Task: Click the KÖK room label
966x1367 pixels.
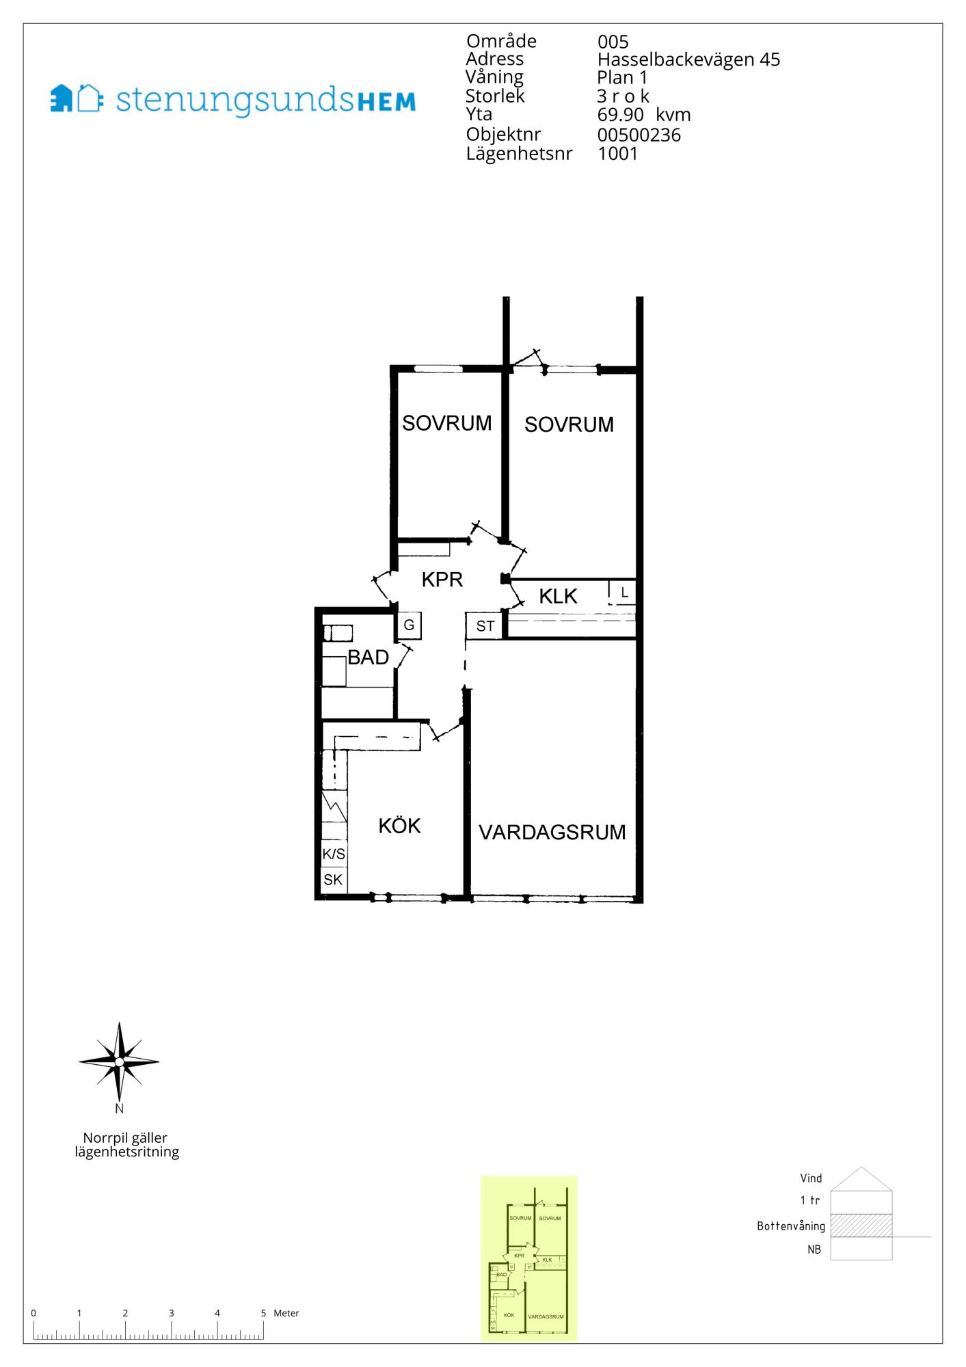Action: tap(399, 826)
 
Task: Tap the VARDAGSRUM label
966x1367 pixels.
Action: tap(552, 833)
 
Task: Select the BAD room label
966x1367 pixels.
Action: tap(368, 658)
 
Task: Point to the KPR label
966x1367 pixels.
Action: tap(442, 580)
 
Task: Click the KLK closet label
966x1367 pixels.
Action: tap(558, 596)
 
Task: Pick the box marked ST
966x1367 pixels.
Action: tap(485, 625)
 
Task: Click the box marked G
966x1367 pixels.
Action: tap(409, 625)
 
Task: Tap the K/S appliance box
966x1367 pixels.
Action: tap(334, 854)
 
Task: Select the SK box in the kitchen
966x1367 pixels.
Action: tap(334, 880)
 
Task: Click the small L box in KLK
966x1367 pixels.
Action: tap(623, 592)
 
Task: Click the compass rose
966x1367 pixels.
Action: tap(119, 1062)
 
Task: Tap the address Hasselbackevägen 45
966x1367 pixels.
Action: tap(688, 60)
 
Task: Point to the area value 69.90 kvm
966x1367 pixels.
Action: tap(644, 115)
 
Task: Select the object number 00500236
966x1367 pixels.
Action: tap(639, 135)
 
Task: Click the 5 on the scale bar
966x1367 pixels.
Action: tap(263, 1313)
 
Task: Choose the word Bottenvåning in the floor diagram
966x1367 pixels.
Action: tap(791, 1226)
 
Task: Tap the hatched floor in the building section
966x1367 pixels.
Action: tap(861, 1226)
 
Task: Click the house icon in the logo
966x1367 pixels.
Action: tap(76, 98)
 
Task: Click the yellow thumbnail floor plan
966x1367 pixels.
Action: tap(529, 1259)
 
